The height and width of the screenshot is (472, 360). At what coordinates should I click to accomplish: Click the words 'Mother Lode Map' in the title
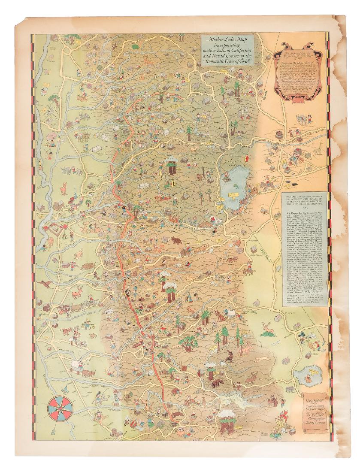click(x=227, y=40)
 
